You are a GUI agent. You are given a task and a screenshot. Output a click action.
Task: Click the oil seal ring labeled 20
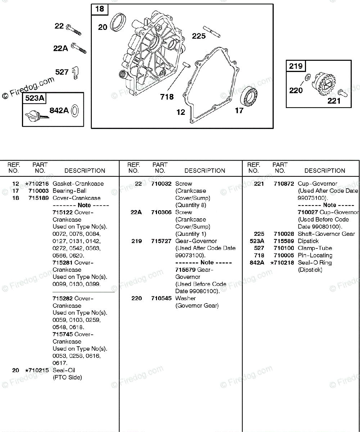118,22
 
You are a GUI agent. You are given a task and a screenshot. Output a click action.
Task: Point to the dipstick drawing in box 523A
35,116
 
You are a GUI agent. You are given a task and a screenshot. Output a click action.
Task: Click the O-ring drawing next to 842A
75,111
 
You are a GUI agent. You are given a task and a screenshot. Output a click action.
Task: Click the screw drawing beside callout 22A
79,48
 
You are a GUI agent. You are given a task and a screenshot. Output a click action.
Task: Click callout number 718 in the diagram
167,97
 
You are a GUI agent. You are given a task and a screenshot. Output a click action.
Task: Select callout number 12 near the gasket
181,112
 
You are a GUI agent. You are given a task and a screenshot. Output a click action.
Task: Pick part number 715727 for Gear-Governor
161,241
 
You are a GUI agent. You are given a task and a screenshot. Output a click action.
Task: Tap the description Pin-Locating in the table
315,256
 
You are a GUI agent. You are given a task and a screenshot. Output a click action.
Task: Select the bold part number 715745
63,334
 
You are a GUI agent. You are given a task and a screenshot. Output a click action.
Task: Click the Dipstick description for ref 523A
308,241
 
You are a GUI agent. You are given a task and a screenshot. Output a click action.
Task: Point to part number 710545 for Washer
161,298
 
